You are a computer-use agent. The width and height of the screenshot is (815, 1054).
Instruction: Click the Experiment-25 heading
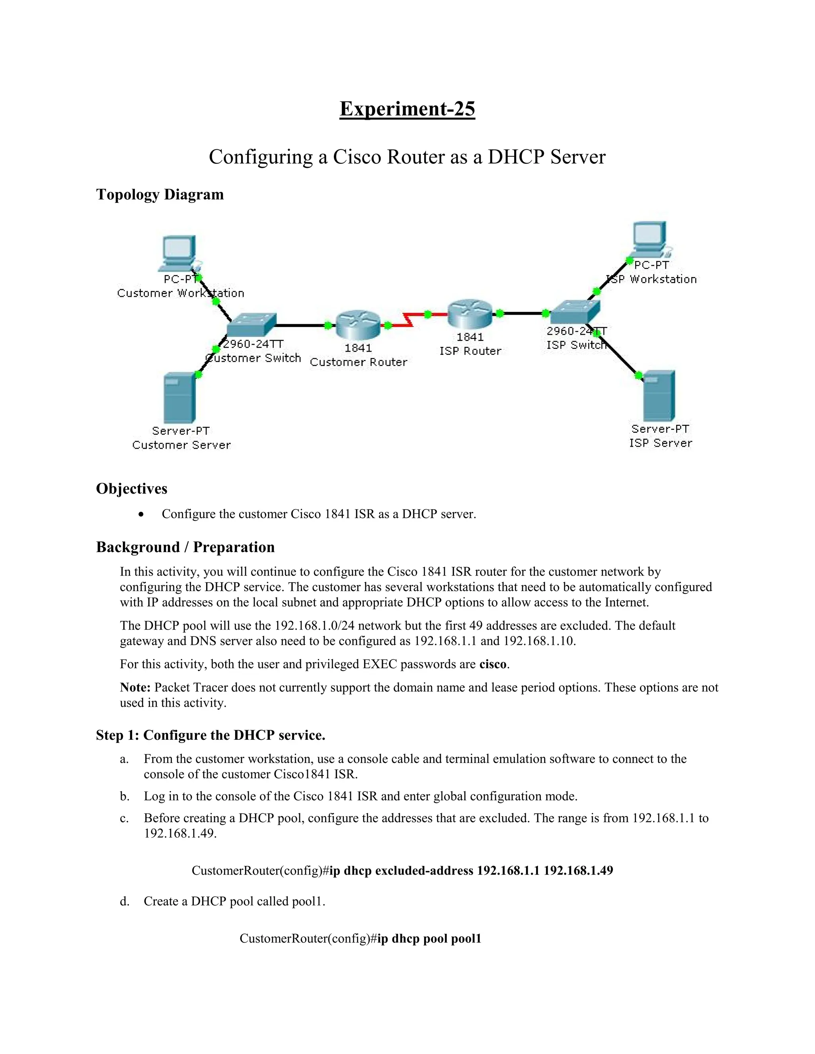[407, 109]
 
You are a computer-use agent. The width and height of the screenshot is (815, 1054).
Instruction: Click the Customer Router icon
[358, 325]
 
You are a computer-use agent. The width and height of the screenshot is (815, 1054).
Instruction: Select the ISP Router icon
[470, 314]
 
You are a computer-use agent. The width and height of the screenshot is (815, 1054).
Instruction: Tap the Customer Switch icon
[251, 325]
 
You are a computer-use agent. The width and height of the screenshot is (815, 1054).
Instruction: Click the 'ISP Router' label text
[470, 351]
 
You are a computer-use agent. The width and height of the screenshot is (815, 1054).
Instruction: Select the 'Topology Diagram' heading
[160, 194]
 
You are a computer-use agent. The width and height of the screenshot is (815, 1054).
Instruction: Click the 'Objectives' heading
[131, 488]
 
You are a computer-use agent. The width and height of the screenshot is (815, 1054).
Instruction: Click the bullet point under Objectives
[140, 514]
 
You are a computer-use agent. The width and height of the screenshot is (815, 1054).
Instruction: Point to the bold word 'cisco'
[493, 664]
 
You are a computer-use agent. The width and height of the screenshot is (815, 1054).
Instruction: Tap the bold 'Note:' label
[135, 687]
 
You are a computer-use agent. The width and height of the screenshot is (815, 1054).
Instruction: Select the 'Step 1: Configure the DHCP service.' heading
[211, 735]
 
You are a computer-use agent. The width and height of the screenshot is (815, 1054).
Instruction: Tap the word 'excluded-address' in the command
[424, 870]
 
